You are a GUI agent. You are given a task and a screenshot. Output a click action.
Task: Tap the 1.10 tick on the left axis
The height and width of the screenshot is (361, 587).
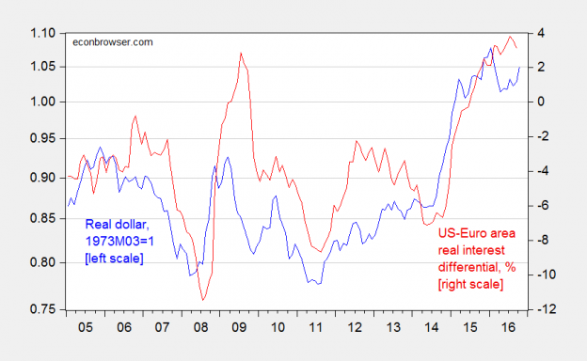tap(43, 34)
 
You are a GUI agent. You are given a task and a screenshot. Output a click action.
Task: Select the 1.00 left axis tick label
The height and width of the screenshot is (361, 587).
tap(43, 102)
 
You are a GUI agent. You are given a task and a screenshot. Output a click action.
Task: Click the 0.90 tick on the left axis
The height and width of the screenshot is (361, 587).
tap(43, 177)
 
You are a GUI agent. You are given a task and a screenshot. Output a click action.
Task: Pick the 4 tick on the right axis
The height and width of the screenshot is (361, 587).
tap(543, 34)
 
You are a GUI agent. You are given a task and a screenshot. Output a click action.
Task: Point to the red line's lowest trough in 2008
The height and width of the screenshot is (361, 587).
tap(203, 300)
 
